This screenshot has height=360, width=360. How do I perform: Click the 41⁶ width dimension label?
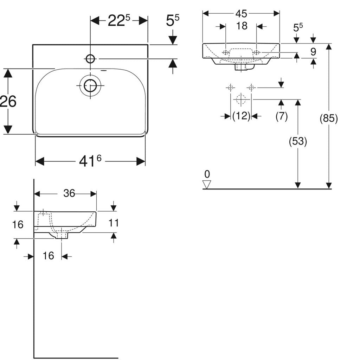pos(90,161)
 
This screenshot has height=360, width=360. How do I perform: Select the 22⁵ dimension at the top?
pos(119,21)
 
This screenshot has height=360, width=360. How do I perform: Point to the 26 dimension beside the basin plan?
pos(8,102)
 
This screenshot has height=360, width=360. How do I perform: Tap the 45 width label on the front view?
pos(241,13)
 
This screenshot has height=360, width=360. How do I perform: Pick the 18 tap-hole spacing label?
pos(242,26)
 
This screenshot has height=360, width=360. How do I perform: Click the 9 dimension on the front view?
pos(313,52)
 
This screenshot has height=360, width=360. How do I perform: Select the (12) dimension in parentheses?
pos(241,116)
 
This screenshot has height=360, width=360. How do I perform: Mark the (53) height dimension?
pos(298,141)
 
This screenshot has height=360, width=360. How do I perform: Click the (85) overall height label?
pos(329,118)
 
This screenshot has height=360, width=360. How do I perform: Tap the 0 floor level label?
pos(207,174)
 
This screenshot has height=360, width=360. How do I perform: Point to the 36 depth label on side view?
pos(69,193)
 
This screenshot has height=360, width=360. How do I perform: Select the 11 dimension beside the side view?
pos(114,223)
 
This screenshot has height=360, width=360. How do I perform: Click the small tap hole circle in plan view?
pos(90,59)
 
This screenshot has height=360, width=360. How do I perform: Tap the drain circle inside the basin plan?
pos(90,85)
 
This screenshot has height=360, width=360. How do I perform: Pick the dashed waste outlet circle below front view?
pos(241,99)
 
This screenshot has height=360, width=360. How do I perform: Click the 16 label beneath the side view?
pos(49,256)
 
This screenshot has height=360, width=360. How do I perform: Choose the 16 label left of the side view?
pos(18,224)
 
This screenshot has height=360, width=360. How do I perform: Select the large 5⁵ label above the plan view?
pos(172,21)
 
